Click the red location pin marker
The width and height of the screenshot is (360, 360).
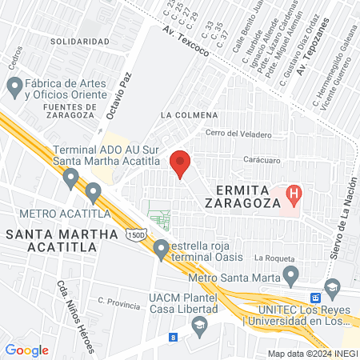pos(181,163)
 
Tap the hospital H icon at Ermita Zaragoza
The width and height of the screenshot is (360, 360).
pos(294,193)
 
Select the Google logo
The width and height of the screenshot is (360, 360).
pos(27,350)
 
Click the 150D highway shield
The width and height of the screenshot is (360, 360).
pos(136,234)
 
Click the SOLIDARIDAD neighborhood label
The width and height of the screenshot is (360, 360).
pos(79,41)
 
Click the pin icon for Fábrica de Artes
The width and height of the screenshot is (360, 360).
pos(14,85)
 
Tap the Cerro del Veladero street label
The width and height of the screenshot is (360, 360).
pos(238,134)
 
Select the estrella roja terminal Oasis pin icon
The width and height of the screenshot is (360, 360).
pos(162,252)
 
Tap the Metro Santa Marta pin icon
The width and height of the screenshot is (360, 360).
pos(291,277)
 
